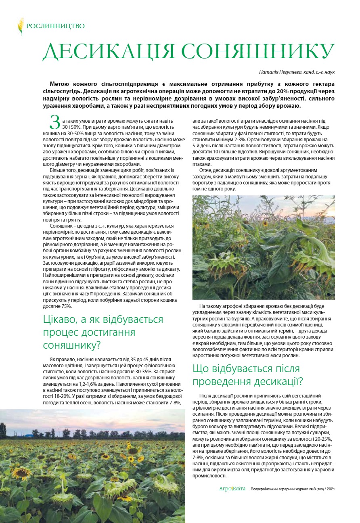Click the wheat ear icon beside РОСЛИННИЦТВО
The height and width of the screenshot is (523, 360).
(20, 26)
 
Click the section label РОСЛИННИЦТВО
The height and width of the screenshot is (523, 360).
(55, 26)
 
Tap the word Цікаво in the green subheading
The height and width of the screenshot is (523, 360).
(59, 320)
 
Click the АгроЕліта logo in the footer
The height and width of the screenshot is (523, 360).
(232, 489)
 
